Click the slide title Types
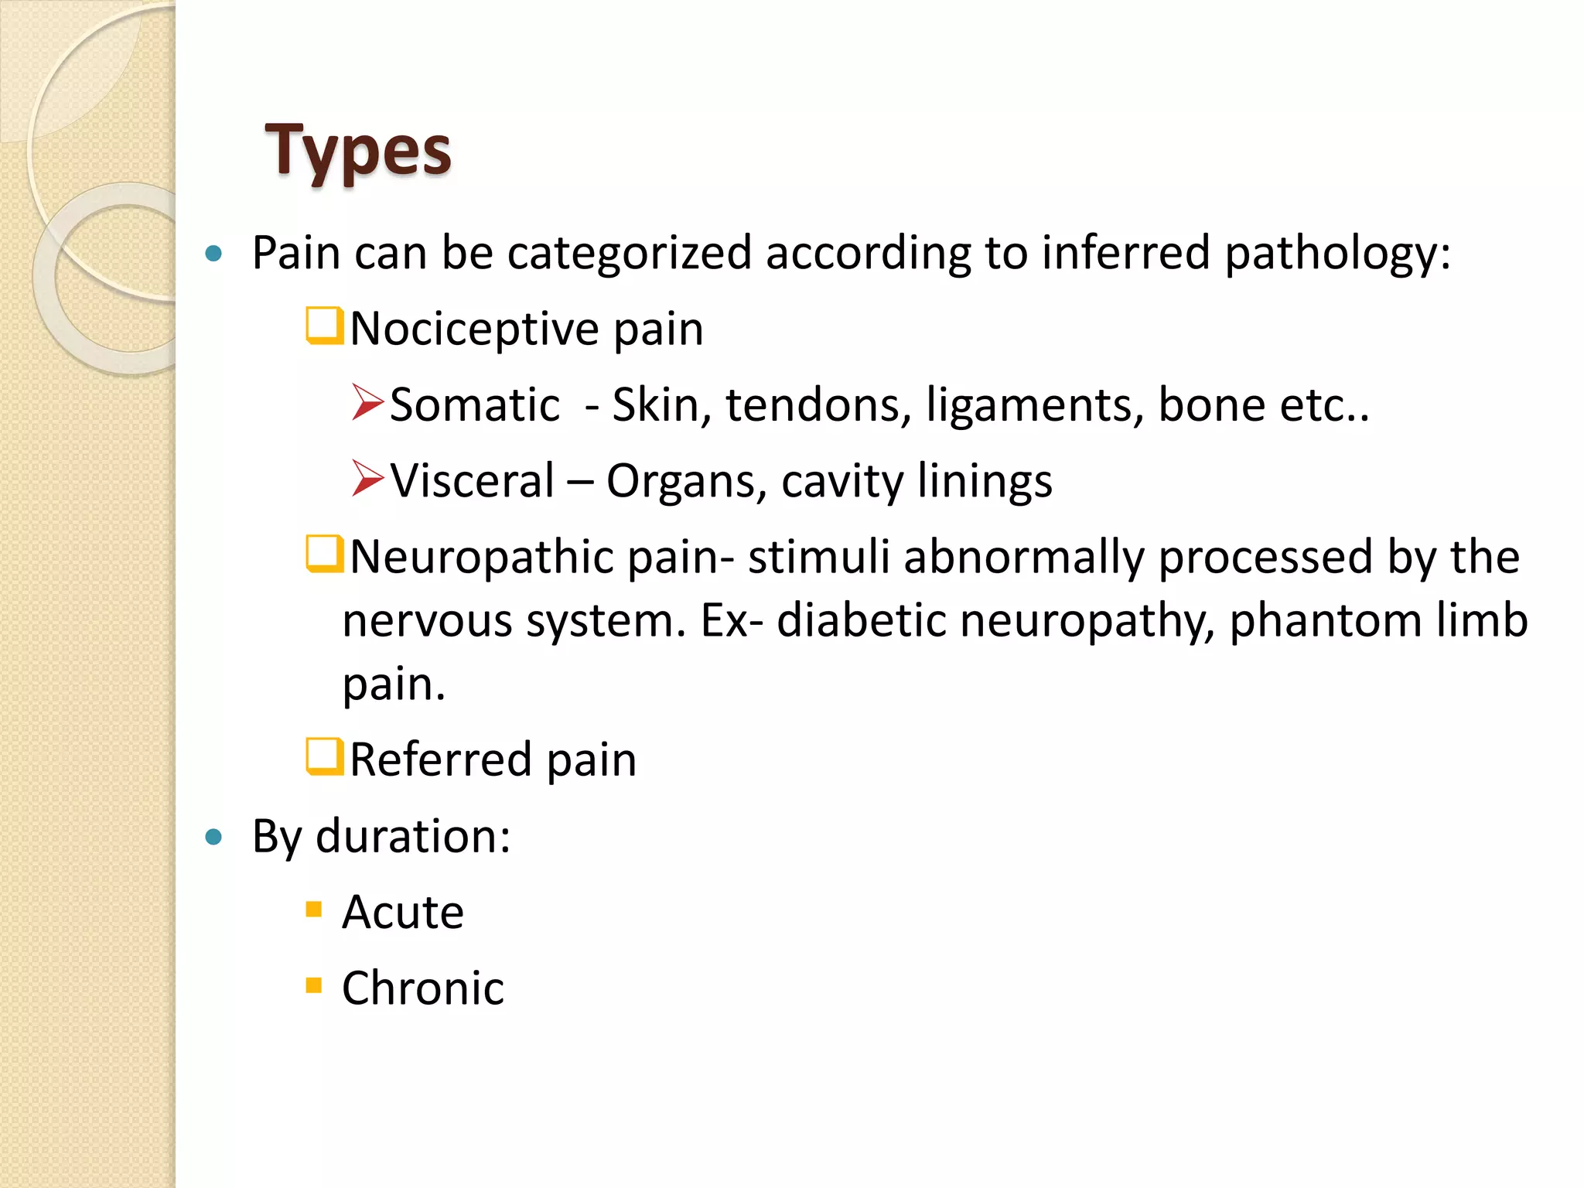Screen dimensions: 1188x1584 pos(358,151)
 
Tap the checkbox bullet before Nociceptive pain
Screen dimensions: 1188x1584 pos(324,326)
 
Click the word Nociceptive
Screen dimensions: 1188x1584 pos(474,329)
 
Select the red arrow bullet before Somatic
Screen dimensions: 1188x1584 pos(367,402)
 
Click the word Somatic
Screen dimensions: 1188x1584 pos(474,405)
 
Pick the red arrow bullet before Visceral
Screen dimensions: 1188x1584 pos(367,478)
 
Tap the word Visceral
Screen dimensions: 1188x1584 pos(472,480)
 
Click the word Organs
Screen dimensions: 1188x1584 pos(685,482)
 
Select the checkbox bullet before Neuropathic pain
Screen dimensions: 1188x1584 pos(324,554)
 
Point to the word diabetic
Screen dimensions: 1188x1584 pos(861,620)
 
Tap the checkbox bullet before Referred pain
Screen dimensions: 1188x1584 pos(324,756)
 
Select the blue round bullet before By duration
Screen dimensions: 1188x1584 pos(214,837)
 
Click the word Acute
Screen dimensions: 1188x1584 pos(403,912)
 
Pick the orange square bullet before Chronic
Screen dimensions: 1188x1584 pos(313,985)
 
